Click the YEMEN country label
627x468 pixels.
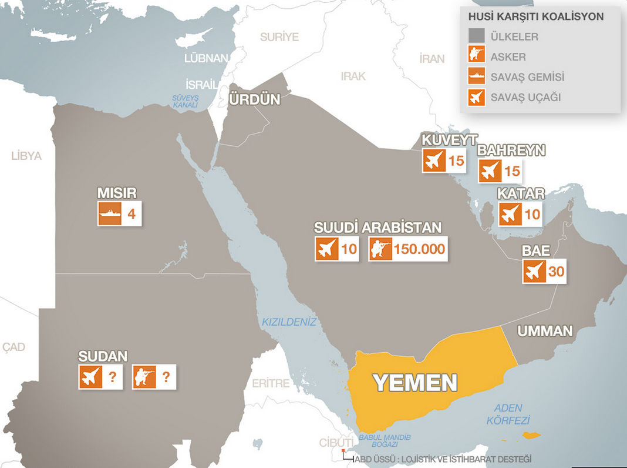click(415, 383)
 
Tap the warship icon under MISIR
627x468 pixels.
click(109, 214)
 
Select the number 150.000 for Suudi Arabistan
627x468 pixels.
click(419, 249)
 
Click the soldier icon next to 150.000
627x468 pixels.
click(380, 249)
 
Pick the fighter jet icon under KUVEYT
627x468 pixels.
click(434, 161)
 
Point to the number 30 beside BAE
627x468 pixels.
click(555, 272)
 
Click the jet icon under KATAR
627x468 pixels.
click(510, 214)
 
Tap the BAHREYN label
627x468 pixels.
click(511, 151)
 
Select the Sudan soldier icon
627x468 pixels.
click(144, 377)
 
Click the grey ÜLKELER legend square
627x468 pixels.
click(476, 36)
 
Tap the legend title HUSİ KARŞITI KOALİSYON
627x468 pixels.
click(535, 16)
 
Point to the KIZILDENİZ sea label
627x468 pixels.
click(289, 322)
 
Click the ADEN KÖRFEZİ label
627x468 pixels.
click(508, 414)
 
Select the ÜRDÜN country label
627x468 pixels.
click(254, 99)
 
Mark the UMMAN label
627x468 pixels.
click(544, 331)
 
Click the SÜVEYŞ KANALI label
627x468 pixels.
click(185, 101)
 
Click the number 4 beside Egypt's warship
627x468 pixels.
click(132, 214)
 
